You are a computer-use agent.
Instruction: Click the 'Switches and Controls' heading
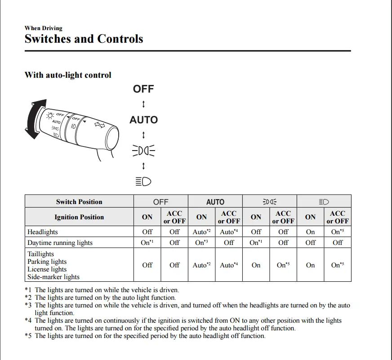click(x=84, y=39)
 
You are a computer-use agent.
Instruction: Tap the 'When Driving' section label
click(x=44, y=28)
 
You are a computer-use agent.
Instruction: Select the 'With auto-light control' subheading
click(x=68, y=75)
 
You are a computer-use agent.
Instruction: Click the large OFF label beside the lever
click(x=143, y=89)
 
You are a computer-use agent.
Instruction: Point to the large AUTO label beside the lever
click(x=143, y=120)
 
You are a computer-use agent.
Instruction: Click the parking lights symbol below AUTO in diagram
click(x=143, y=151)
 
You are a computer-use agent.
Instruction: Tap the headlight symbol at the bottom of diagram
click(x=143, y=181)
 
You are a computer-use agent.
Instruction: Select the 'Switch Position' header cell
click(x=79, y=202)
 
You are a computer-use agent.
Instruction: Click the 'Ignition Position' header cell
click(x=79, y=217)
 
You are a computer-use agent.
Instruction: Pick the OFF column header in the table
click(x=160, y=202)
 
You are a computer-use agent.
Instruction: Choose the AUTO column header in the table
click(x=215, y=202)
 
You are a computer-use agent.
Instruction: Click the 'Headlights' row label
click(x=43, y=232)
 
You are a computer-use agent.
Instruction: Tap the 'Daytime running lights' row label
click(x=60, y=243)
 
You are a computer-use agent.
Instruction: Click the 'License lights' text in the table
click(x=47, y=269)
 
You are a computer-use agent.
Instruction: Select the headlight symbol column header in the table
click(x=324, y=202)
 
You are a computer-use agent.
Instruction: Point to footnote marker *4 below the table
click(x=28, y=320)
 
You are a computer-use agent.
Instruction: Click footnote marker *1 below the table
click(x=28, y=290)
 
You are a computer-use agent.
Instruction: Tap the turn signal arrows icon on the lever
click(x=99, y=124)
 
